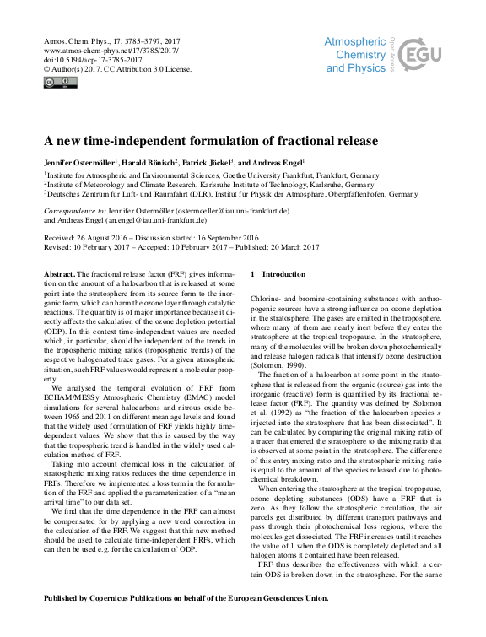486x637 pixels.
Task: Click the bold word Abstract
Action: tap(58, 274)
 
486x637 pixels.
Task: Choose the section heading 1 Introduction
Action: tap(278, 274)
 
